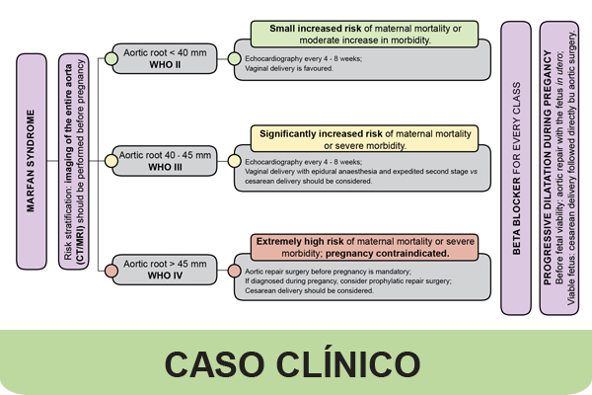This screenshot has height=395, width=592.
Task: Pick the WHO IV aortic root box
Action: point(165,270)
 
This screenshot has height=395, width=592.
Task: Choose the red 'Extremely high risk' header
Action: point(363,247)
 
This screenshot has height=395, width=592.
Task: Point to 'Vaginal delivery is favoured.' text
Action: point(289,70)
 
